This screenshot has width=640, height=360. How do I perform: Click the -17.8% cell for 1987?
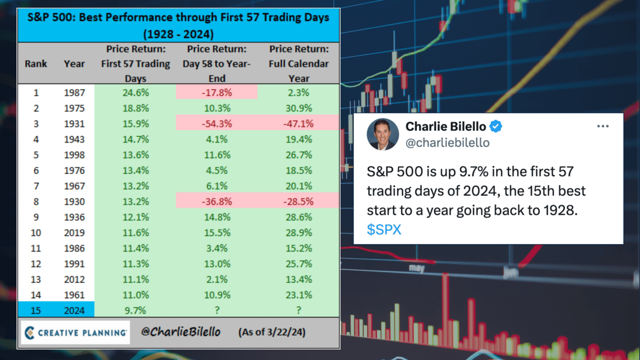[x=216, y=93]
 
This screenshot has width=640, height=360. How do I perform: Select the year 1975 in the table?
[x=74, y=108]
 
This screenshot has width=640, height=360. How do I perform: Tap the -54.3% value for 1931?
[x=217, y=124]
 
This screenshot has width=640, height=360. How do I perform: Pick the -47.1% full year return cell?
[x=299, y=124]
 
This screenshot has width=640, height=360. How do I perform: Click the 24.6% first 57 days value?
[x=136, y=93]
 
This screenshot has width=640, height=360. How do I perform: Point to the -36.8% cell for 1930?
[x=217, y=202]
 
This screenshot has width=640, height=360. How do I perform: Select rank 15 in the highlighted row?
[x=36, y=310]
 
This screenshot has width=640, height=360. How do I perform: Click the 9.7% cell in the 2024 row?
[x=135, y=310]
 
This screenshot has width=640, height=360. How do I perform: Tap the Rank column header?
[x=36, y=64]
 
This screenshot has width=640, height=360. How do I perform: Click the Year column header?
[x=74, y=64]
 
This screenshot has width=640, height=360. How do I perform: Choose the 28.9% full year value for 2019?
[x=299, y=233]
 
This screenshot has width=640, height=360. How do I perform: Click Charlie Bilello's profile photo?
[x=383, y=134]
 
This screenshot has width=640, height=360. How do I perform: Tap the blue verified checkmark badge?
[x=496, y=126]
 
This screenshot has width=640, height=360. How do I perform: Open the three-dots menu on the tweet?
[x=603, y=126]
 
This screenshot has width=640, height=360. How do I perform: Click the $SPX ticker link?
[x=384, y=229]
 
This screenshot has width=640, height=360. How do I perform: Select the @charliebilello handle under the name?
[x=447, y=143]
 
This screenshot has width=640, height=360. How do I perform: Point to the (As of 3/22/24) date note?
[x=272, y=332]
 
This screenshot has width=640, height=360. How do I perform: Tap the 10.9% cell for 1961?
[x=217, y=295]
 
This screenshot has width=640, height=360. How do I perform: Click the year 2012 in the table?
[x=74, y=279]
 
